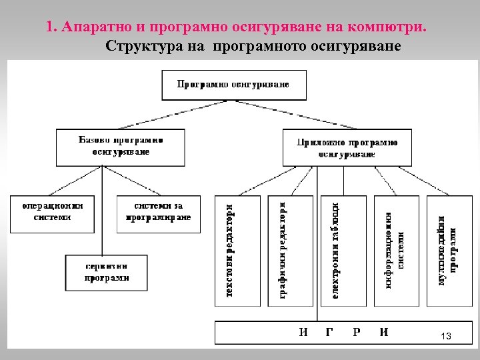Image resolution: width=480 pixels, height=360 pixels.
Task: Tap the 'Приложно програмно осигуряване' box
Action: (x=347, y=148)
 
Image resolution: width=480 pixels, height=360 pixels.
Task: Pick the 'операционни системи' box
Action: (x=51, y=213)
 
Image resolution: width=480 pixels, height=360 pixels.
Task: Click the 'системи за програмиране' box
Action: (x=158, y=213)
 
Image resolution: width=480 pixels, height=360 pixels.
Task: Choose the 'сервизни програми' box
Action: (x=107, y=272)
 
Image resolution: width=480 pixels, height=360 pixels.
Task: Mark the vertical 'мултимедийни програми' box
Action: (x=448, y=250)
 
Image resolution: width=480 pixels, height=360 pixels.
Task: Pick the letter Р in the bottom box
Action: (x=357, y=332)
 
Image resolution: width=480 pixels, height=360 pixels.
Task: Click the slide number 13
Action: (x=446, y=337)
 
